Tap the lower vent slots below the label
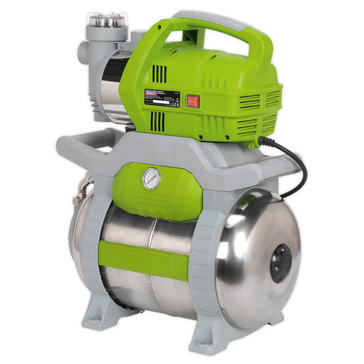pyautogui.click(x=158, y=123)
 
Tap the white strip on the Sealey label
pyautogui.click(x=162, y=102)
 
